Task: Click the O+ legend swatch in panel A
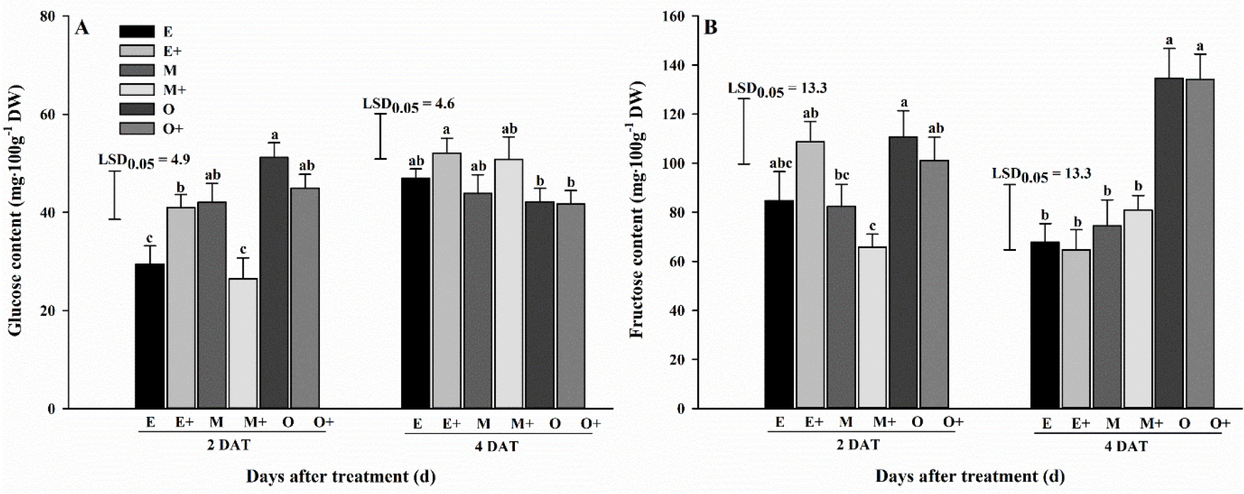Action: (137, 129)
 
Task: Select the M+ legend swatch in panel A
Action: (137, 90)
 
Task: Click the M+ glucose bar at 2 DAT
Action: (243, 343)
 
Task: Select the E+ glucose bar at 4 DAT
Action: (446, 281)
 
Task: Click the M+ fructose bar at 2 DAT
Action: (872, 328)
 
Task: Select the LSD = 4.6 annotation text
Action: (408, 104)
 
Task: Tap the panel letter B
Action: (711, 28)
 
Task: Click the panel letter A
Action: (82, 28)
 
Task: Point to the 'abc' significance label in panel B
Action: (781, 164)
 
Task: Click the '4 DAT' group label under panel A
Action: (497, 446)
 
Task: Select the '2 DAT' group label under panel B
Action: (858, 445)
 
